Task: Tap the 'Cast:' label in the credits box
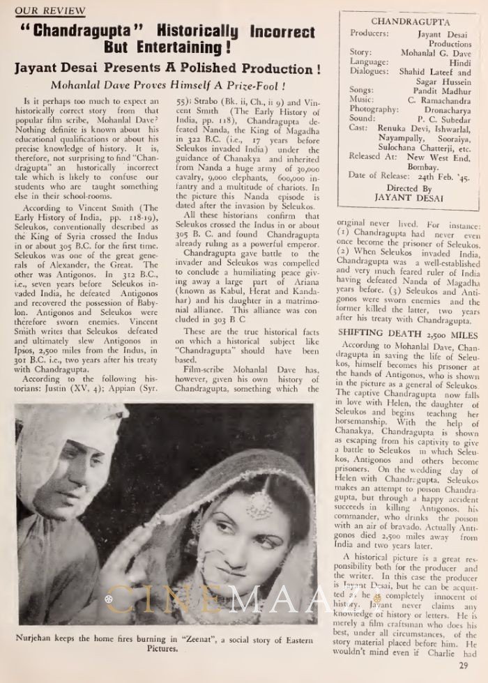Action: pos(360,129)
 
